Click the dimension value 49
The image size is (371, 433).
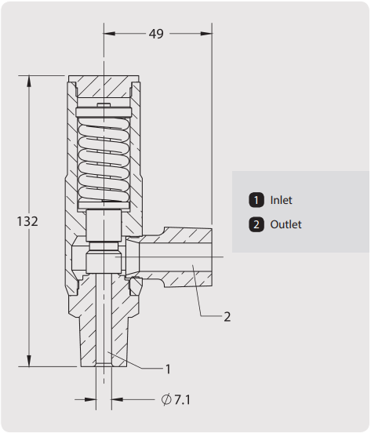coord(156,34)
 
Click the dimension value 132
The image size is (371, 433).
coord(27,221)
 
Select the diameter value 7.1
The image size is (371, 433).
coord(183,399)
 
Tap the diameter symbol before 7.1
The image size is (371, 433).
coord(166,399)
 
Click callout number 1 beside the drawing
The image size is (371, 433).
coord(168,369)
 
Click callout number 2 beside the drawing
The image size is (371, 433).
coord(227,317)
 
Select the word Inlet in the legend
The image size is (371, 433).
coord(281,200)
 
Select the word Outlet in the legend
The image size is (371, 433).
coord(286,224)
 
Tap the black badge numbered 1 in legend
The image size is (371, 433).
coord(256,200)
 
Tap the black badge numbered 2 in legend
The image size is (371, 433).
coord(256,224)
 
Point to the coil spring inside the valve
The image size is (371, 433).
coord(104,159)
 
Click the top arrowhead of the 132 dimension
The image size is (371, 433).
coord(29,82)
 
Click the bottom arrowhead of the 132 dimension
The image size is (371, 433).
coord(29,361)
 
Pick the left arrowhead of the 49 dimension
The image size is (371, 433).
coord(109,34)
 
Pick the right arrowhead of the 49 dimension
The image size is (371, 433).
coord(206,34)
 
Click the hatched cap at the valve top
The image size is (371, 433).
coord(104,86)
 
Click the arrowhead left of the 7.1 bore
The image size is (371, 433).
coord(90,399)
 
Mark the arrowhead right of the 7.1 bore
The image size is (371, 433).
coord(117,399)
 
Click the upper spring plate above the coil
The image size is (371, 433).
coord(104,112)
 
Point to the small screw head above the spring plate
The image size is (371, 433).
coord(104,105)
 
